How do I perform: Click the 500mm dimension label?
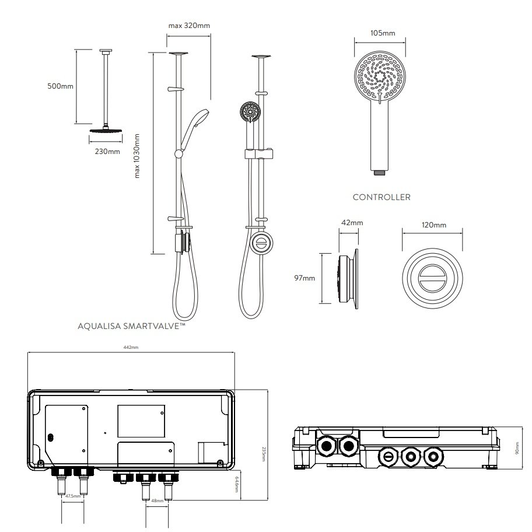(60, 86)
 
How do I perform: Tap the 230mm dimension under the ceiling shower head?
(107, 152)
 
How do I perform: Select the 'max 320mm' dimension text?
(188, 26)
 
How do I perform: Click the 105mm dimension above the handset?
(383, 33)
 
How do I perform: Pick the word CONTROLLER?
(381, 197)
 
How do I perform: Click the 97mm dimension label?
(304, 278)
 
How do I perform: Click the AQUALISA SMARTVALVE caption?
(131, 327)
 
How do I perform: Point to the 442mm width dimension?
(131, 348)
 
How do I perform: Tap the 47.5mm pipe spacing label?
(73, 496)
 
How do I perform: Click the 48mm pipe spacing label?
(157, 501)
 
